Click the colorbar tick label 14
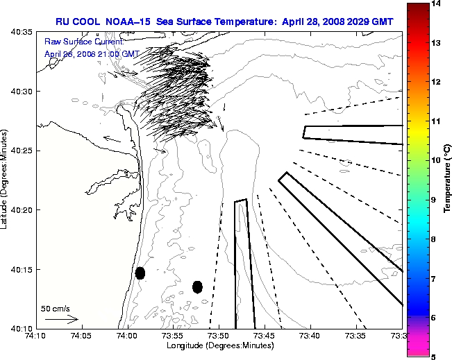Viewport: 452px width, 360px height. coord(437,4)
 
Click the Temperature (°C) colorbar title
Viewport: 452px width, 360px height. coord(448,180)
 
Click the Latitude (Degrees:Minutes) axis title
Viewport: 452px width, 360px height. coord(6,180)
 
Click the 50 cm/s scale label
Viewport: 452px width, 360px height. coord(56,308)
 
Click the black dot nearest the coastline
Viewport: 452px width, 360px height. coord(140,273)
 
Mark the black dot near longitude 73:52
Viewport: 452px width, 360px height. coord(197,286)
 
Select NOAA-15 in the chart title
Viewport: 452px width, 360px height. coord(130,22)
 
